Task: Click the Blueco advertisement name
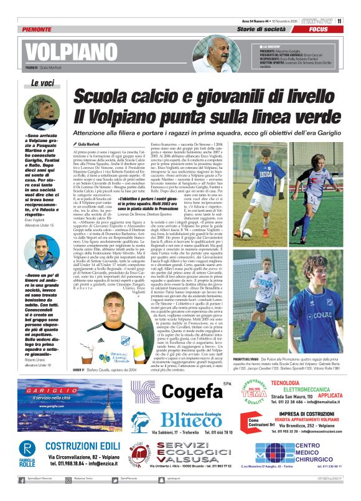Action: click(180, 419)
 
